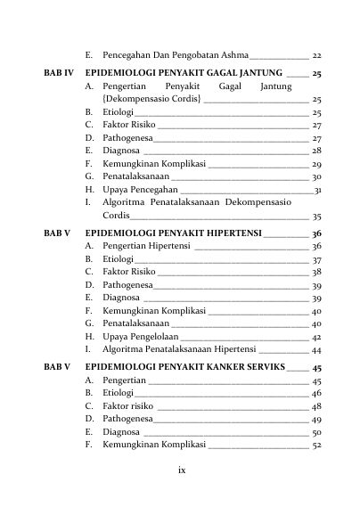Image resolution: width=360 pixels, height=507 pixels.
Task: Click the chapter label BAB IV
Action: (58, 73)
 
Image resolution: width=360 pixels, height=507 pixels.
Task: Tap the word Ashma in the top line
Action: (233, 55)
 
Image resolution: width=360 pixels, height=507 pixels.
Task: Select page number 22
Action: (316, 55)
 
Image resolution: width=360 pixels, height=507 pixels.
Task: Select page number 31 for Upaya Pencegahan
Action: (317, 191)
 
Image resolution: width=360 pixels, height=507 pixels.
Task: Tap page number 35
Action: (316, 217)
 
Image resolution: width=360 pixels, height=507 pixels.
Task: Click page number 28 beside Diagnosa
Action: (316, 152)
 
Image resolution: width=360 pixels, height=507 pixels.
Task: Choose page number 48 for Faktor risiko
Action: (316, 419)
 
